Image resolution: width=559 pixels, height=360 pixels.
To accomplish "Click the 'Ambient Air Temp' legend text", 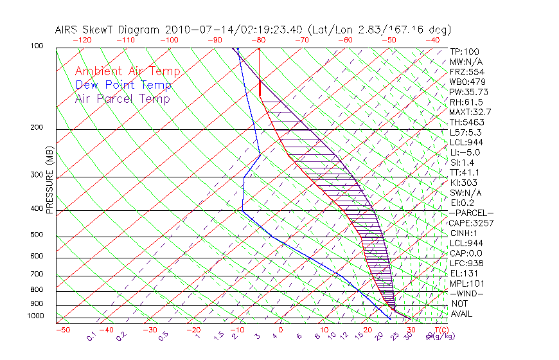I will (128, 71).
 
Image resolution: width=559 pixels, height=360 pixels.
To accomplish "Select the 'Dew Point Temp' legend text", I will (123, 85).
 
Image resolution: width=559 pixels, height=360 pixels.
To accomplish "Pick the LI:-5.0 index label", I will (465, 152).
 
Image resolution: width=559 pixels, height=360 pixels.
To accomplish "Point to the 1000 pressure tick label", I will (36, 316).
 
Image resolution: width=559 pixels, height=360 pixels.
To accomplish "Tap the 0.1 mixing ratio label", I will (91, 336).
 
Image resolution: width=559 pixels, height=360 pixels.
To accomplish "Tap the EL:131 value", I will (464, 273).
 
